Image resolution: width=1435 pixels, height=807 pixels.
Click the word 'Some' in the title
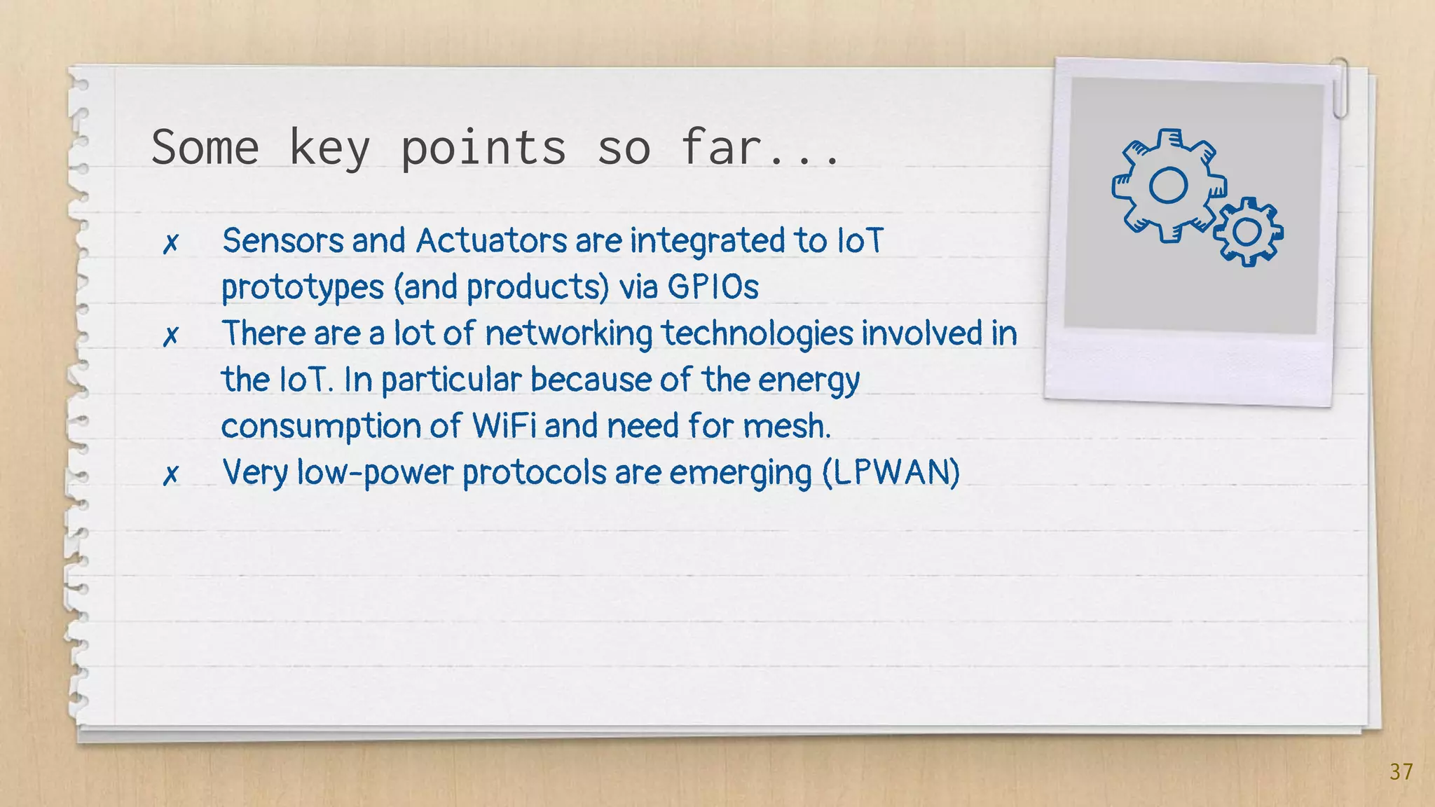pyautogui.click(x=205, y=148)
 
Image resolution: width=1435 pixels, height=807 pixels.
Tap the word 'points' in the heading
pyautogui.click(x=483, y=148)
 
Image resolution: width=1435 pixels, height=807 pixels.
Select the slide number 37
pyautogui.click(x=1401, y=771)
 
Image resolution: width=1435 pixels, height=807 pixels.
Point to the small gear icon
pyautogui.click(x=1248, y=232)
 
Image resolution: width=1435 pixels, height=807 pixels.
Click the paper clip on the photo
pyautogui.click(x=1340, y=88)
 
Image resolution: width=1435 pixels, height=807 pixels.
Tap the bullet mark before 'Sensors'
pyautogui.click(x=170, y=244)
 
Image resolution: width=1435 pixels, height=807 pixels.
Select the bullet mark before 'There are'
pyautogui.click(x=170, y=336)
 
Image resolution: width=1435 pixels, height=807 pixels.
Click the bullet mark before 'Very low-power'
pyautogui.click(x=170, y=475)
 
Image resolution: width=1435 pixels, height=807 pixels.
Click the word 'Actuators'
pyautogui.click(x=491, y=240)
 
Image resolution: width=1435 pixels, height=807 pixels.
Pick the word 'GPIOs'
pyautogui.click(x=713, y=287)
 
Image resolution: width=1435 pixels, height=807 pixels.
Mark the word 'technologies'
pyautogui.click(x=757, y=333)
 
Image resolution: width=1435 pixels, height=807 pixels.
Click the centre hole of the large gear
pyautogui.click(x=1169, y=186)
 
